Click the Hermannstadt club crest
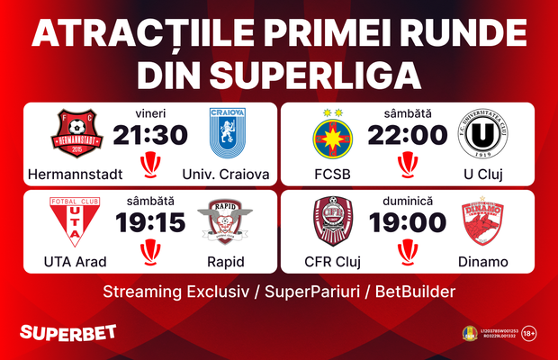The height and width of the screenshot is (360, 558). click(76, 134)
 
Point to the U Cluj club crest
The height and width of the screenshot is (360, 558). click(484, 134)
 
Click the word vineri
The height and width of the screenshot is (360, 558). click(150, 114)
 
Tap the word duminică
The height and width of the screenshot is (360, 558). click(408, 202)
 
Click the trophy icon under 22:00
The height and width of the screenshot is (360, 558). click(408, 163)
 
